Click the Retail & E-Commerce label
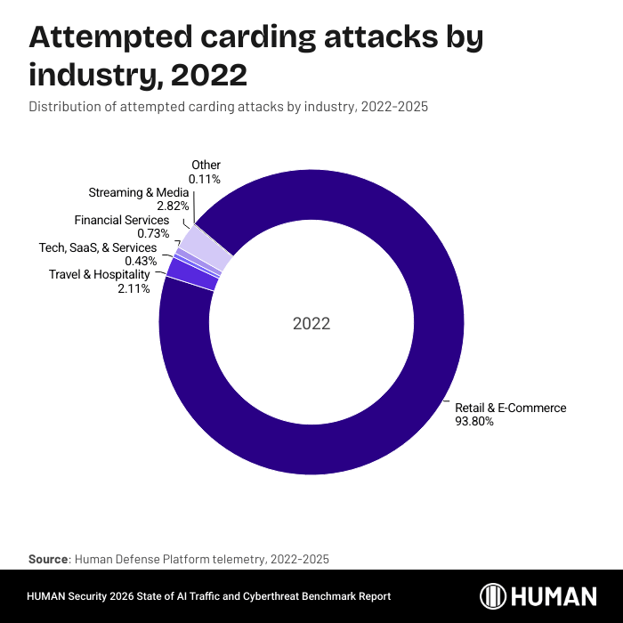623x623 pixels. coord(510,409)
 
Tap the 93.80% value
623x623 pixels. coord(473,422)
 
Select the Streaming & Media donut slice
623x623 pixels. coord(213,253)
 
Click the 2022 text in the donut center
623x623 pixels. coord(311,324)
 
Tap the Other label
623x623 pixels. coord(206,166)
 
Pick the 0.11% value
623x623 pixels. coord(206,179)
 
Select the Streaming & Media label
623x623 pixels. coord(138,192)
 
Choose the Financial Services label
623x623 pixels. coord(122,220)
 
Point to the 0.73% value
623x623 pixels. coord(153,233)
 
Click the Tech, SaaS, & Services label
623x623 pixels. coord(98,247)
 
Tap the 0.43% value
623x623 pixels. coord(141,261)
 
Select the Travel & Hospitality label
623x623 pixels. coord(99,275)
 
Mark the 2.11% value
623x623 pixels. coord(134,288)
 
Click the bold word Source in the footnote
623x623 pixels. coord(49,559)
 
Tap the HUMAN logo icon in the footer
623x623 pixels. coord(495,596)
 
